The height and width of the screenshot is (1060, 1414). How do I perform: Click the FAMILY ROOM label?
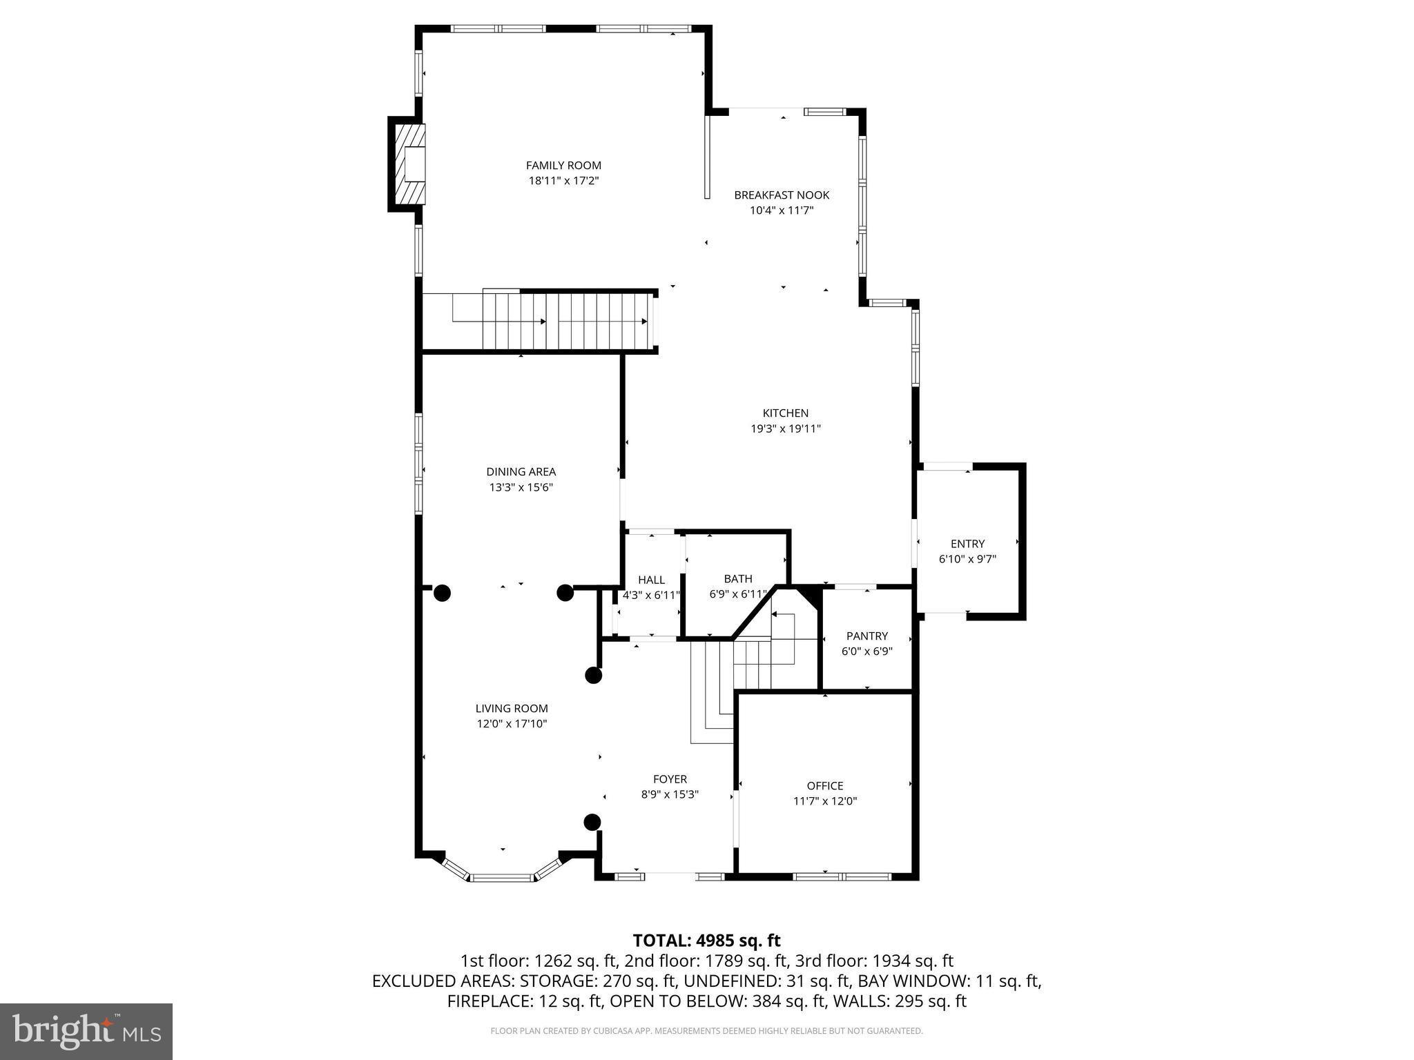563,166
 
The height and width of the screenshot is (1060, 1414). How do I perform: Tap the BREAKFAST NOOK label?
782,195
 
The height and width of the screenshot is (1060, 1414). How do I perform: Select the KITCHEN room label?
785,413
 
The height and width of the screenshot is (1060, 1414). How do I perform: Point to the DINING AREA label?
521,472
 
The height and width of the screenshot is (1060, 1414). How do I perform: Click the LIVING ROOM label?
512,708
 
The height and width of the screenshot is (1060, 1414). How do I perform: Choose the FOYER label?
670,780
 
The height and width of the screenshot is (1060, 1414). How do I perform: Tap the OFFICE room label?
825,785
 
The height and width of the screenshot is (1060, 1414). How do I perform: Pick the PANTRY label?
867,636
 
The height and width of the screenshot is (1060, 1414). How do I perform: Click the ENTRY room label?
967,544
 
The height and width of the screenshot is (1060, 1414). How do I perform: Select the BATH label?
738,578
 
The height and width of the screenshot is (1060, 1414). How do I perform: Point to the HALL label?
651,580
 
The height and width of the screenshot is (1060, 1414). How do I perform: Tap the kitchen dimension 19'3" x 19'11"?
785,429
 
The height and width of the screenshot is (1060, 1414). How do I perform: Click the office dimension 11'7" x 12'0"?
825,801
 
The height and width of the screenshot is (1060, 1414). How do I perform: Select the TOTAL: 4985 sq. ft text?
706,940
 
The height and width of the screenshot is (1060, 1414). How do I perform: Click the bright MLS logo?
86,1031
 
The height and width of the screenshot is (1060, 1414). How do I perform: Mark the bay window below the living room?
501,872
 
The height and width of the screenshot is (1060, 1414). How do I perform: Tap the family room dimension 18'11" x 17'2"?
563,181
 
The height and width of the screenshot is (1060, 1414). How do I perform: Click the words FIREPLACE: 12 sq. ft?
526,1001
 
